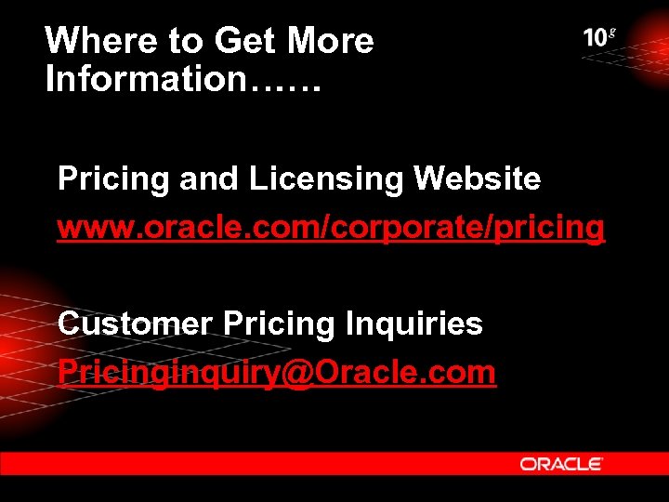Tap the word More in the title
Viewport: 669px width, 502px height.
[x=331, y=41]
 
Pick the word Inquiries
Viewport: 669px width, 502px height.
[x=413, y=324]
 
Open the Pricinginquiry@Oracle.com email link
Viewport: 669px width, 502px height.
[x=277, y=372]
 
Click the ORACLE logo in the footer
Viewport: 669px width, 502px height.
[x=561, y=463]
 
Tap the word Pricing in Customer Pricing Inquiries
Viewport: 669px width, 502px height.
[x=278, y=324]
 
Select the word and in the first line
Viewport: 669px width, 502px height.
[x=209, y=178]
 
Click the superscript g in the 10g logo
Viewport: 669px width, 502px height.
[x=612, y=33]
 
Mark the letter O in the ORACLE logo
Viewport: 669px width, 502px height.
[x=527, y=463]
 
